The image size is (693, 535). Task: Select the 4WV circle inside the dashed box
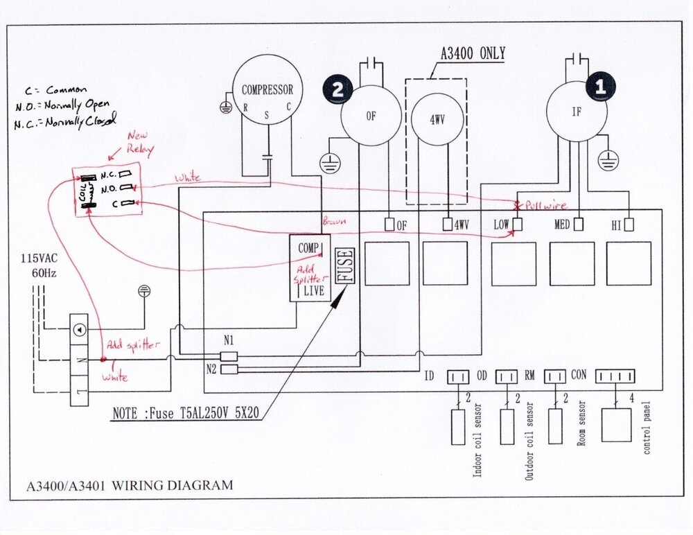coord(437,118)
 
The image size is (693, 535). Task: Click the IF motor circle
coord(576,111)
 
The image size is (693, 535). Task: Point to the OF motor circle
coord(371,116)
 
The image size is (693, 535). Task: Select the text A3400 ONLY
coord(473,53)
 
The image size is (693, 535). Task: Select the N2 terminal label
coord(212,367)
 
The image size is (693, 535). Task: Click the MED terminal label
coord(562,225)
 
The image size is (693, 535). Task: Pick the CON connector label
coord(578,376)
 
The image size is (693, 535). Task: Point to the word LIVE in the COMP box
coord(315,291)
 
